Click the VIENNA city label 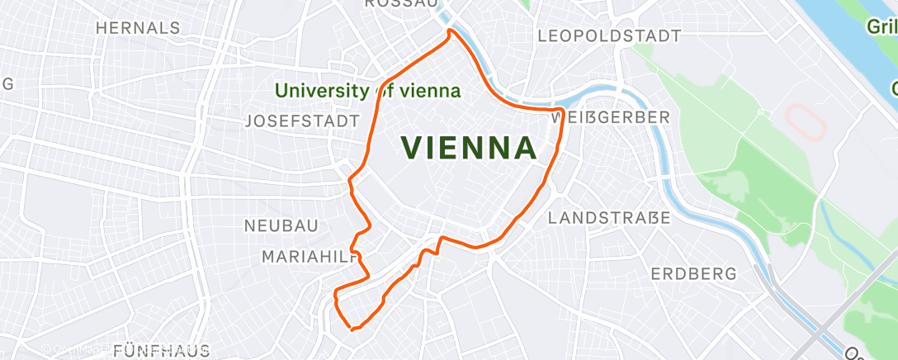pos(469,149)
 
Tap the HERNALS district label pos(138,27)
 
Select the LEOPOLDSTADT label pos(609,36)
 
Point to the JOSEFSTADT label pos(304,121)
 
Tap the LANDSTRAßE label pos(610,219)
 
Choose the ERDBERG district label pos(693,274)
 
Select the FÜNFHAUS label pos(162,350)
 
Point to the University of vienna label pos(368,91)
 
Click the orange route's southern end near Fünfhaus pos(353,329)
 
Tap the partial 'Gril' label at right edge pos(881,27)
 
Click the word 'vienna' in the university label pos(431,91)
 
